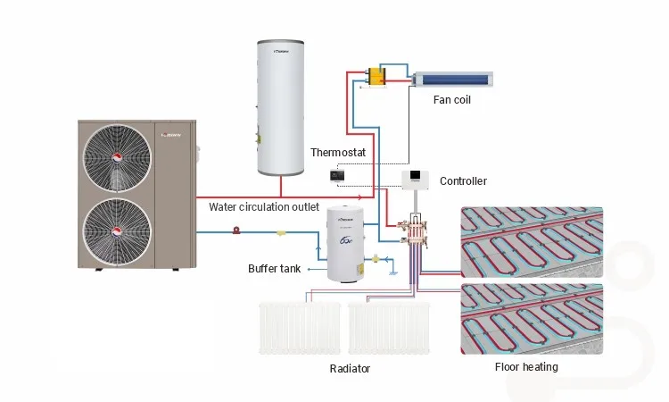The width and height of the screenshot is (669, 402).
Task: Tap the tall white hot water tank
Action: click(281, 106)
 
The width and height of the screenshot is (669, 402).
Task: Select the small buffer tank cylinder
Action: click(346, 244)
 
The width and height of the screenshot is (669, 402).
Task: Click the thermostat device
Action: click(337, 175)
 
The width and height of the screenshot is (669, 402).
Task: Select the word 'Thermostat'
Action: click(337, 153)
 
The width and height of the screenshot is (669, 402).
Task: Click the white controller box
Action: click(417, 180)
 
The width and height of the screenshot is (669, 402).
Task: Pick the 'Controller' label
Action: click(463, 181)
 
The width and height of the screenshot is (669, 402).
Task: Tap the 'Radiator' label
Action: click(349, 368)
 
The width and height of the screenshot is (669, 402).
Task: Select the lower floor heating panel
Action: click(531, 319)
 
